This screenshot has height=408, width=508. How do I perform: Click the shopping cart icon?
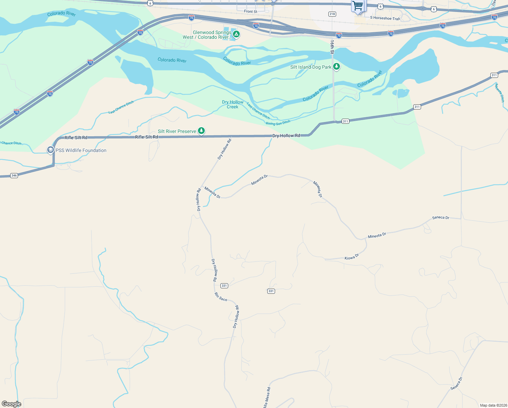click(358, 6)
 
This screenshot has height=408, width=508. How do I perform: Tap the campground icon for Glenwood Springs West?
click(236, 34)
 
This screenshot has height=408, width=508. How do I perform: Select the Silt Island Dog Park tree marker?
click(337, 67)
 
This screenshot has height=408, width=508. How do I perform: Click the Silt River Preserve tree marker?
click(201, 131)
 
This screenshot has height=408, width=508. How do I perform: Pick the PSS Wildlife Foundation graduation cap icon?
click(51, 150)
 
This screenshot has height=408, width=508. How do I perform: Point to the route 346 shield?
click(14, 175)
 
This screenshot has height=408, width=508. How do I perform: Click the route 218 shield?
click(332, 14)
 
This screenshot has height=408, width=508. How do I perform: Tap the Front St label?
click(251, 12)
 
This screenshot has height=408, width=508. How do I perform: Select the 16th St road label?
click(332, 47)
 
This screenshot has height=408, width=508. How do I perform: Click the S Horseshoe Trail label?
click(385, 18)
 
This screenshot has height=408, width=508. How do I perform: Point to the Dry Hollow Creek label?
click(233, 104)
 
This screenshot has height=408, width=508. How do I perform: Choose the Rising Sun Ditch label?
click(278, 123)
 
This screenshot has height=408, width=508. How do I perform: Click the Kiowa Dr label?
click(352, 257)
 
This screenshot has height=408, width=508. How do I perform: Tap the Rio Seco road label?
click(221, 297)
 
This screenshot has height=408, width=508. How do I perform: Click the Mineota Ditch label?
click(500, 92)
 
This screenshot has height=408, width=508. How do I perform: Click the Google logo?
click(12, 404)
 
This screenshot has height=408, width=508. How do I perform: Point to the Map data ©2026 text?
click(492, 405)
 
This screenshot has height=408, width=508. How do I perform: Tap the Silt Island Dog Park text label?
click(311, 67)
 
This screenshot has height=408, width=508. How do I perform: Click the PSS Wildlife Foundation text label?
click(81, 150)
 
